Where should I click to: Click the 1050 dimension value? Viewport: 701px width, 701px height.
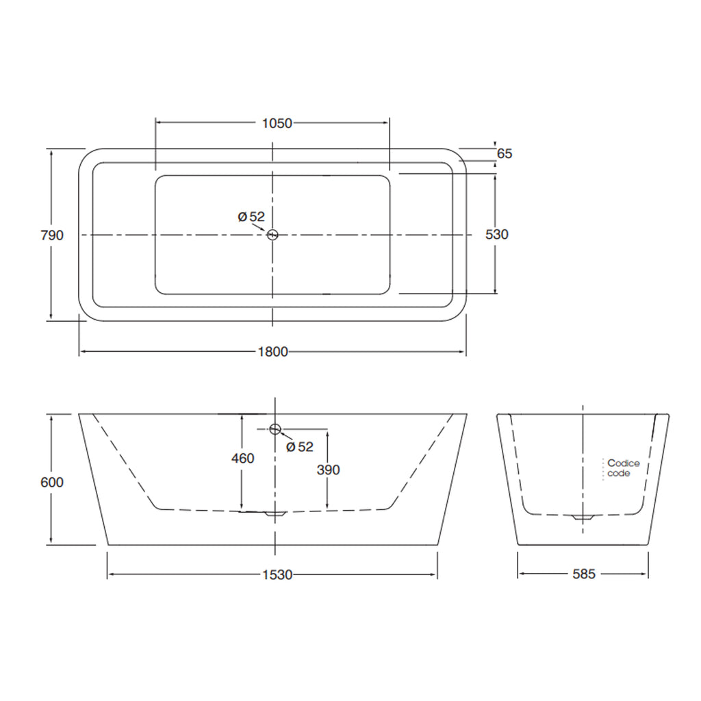[x=277, y=123]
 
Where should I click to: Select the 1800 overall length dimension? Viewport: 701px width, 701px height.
[x=272, y=352]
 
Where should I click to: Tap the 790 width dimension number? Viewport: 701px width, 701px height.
[x=52, y=235]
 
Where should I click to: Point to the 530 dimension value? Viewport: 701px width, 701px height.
[x=496, y=234]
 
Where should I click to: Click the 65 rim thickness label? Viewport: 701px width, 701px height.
[x=505, y=154]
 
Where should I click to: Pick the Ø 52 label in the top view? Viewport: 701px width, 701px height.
[x=251, y=216]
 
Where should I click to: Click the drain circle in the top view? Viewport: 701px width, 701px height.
[x=272, y=235]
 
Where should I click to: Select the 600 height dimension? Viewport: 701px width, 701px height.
[x=52, y=482]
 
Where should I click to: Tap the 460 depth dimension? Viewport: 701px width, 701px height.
[x=242, y=458]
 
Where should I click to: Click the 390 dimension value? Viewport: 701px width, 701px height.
[x=328, y=470]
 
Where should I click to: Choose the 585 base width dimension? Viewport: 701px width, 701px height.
[x=583, y=574]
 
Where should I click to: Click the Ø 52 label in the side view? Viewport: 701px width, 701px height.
[x=299, y=447]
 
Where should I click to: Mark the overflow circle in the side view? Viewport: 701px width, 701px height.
[x=275, y=429]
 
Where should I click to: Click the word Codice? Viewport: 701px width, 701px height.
[x=623, y=463]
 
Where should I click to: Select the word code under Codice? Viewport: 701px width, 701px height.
[x=619, y=473]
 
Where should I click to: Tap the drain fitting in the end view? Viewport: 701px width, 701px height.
[x=583, y=518]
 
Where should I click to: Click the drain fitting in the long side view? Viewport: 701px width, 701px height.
[x=275, y=513]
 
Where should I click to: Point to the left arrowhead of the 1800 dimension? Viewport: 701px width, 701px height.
[x=84, y=352]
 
